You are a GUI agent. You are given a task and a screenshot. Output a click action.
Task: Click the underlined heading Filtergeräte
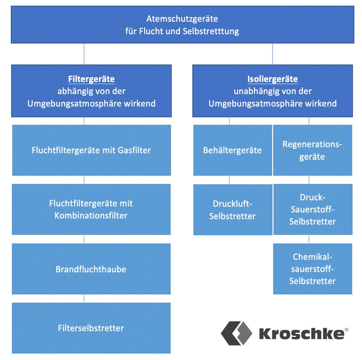pos(91,79)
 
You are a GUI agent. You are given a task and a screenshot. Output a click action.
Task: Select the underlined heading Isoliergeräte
pos(272,79)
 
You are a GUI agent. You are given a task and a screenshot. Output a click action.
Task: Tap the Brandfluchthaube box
pos(91,269)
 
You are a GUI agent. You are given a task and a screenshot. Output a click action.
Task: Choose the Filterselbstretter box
pos(91,328)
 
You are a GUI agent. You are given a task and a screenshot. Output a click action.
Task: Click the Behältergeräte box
pos(232,150)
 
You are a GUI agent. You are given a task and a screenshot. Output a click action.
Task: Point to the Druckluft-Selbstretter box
pos(232,210)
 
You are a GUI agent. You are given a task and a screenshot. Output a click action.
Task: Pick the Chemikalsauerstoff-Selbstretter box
pos(312,269)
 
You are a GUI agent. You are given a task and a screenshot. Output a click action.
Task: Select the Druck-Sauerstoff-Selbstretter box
pos(312,209)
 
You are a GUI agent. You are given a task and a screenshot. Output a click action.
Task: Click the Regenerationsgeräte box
pos(312,150)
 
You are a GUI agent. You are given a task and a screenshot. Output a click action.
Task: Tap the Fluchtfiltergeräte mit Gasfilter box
pos(91,150)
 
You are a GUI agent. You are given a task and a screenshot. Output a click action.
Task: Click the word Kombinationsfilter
pos(91,215)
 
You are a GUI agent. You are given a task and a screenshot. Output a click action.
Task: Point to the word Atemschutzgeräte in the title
pos(182,19)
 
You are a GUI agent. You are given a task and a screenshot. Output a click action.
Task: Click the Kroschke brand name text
pos(301,333)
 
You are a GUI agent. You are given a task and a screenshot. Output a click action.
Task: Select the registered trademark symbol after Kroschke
pos(346,330)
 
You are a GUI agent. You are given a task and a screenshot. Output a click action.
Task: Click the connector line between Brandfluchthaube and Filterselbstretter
pos(84,298)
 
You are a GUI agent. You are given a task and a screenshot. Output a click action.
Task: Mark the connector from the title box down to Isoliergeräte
pos(273,54)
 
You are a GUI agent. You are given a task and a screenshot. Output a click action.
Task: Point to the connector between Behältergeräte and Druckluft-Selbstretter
pos(229,180)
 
